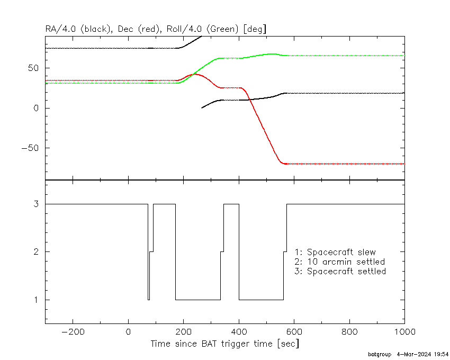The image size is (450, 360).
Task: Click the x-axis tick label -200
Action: click(73, 332)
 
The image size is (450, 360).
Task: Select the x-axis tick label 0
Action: click(128, 332)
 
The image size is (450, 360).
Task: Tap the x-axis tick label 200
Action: click(183, 332)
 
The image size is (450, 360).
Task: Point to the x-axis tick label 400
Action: click(239, 332)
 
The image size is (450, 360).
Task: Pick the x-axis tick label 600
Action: click(294, 332)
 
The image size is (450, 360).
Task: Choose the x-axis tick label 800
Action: click(349, 332)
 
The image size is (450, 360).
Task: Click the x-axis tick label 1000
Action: click(404, 332)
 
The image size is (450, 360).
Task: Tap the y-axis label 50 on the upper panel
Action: click(33, 68)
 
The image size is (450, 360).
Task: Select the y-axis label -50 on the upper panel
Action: click(30, 148)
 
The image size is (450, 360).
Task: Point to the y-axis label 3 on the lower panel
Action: click(36, 204)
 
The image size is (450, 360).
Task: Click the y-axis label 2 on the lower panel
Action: click(36, 252)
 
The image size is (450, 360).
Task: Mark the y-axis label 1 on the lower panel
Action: click(36, 300)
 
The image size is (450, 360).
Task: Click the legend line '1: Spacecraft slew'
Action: click(335, 252)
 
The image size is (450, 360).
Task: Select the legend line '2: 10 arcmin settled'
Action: click(339, 262)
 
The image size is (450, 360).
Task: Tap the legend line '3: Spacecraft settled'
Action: click(340, 271)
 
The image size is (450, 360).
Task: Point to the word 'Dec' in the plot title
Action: click(125, 29)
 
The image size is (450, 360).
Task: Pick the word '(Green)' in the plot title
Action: click(222, 29)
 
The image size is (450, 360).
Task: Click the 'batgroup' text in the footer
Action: click(380, 355)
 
